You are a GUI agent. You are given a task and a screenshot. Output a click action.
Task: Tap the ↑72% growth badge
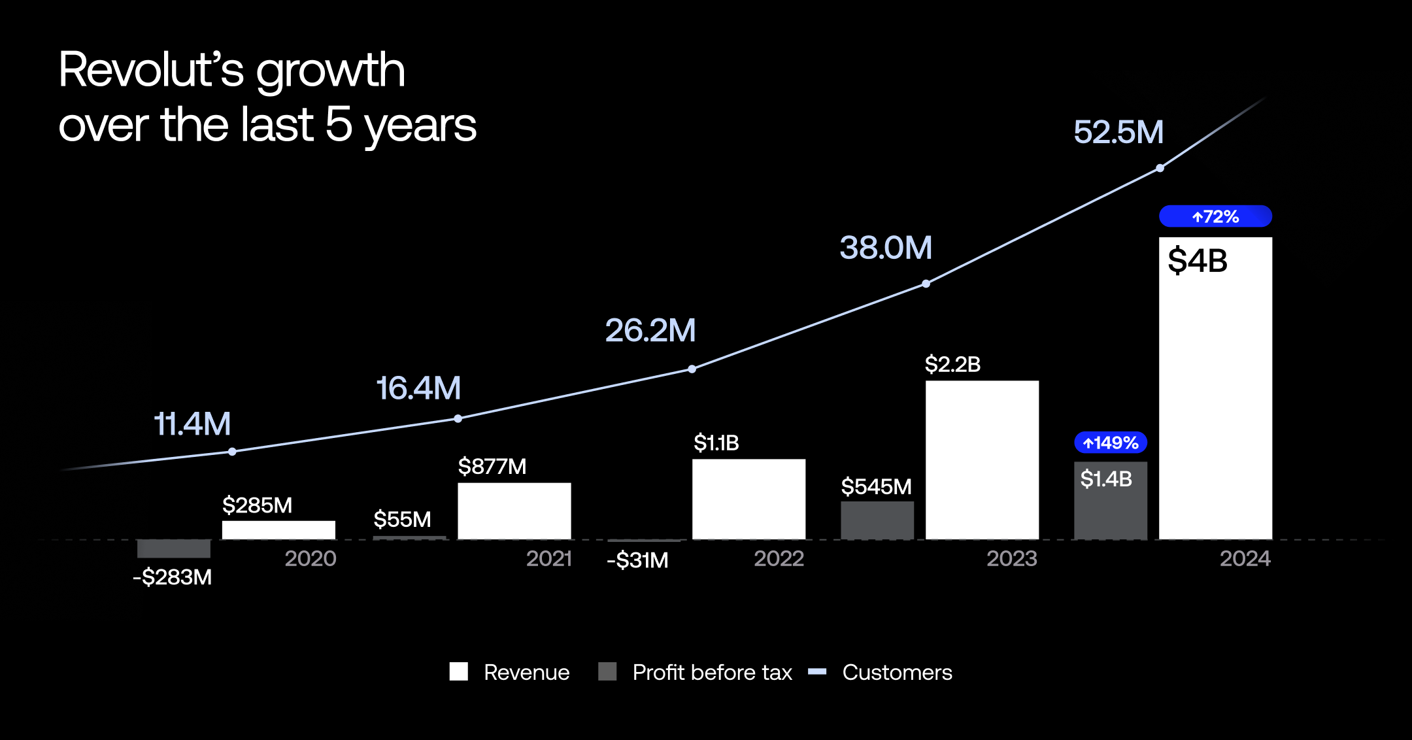[x=1215, y=216]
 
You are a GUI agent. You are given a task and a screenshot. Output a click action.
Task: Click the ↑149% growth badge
[x=1110, y=443]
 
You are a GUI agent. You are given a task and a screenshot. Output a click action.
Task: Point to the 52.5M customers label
[x=1118, y=132]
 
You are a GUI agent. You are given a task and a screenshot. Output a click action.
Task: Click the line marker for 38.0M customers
[x=926, y=284]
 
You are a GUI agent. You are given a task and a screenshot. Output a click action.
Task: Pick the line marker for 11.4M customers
[x=232, y=452]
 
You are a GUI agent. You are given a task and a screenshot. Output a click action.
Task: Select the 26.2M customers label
[x=650, y=330]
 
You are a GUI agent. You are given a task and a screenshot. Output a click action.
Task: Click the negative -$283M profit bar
[x=174, y=548]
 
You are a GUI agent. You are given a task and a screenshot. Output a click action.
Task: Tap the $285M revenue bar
[x=278, y=530]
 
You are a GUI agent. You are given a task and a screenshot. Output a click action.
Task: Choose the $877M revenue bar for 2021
[x=514, y=511]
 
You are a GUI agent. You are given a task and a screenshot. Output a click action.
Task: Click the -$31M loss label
[x=637, y=561]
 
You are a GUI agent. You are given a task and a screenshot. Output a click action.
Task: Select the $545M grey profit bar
[x=877, y=520]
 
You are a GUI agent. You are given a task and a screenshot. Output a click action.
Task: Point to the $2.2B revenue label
[x=952, y=364]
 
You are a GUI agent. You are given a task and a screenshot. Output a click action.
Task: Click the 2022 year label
[x=779, y=559]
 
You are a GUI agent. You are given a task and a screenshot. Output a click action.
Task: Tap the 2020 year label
[x=311, y=559]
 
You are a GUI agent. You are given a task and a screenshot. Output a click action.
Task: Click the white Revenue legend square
[x=459, y=671]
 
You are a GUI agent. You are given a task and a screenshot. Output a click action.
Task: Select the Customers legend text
[x=897, y=672]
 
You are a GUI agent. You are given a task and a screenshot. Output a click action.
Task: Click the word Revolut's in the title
[x=151, y=70]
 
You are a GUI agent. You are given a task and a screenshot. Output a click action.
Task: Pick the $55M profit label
[x=402, y=519]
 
